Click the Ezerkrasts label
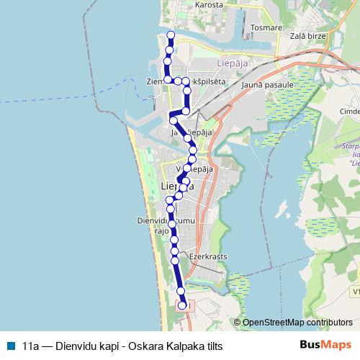pos(207,255)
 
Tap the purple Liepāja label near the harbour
pos(233,63)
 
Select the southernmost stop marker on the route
pos(182,305)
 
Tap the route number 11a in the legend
pos(30,346)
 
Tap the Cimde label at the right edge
pos(350,112)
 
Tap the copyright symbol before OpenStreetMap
pos(237,323)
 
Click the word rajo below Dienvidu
pos(161,231)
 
